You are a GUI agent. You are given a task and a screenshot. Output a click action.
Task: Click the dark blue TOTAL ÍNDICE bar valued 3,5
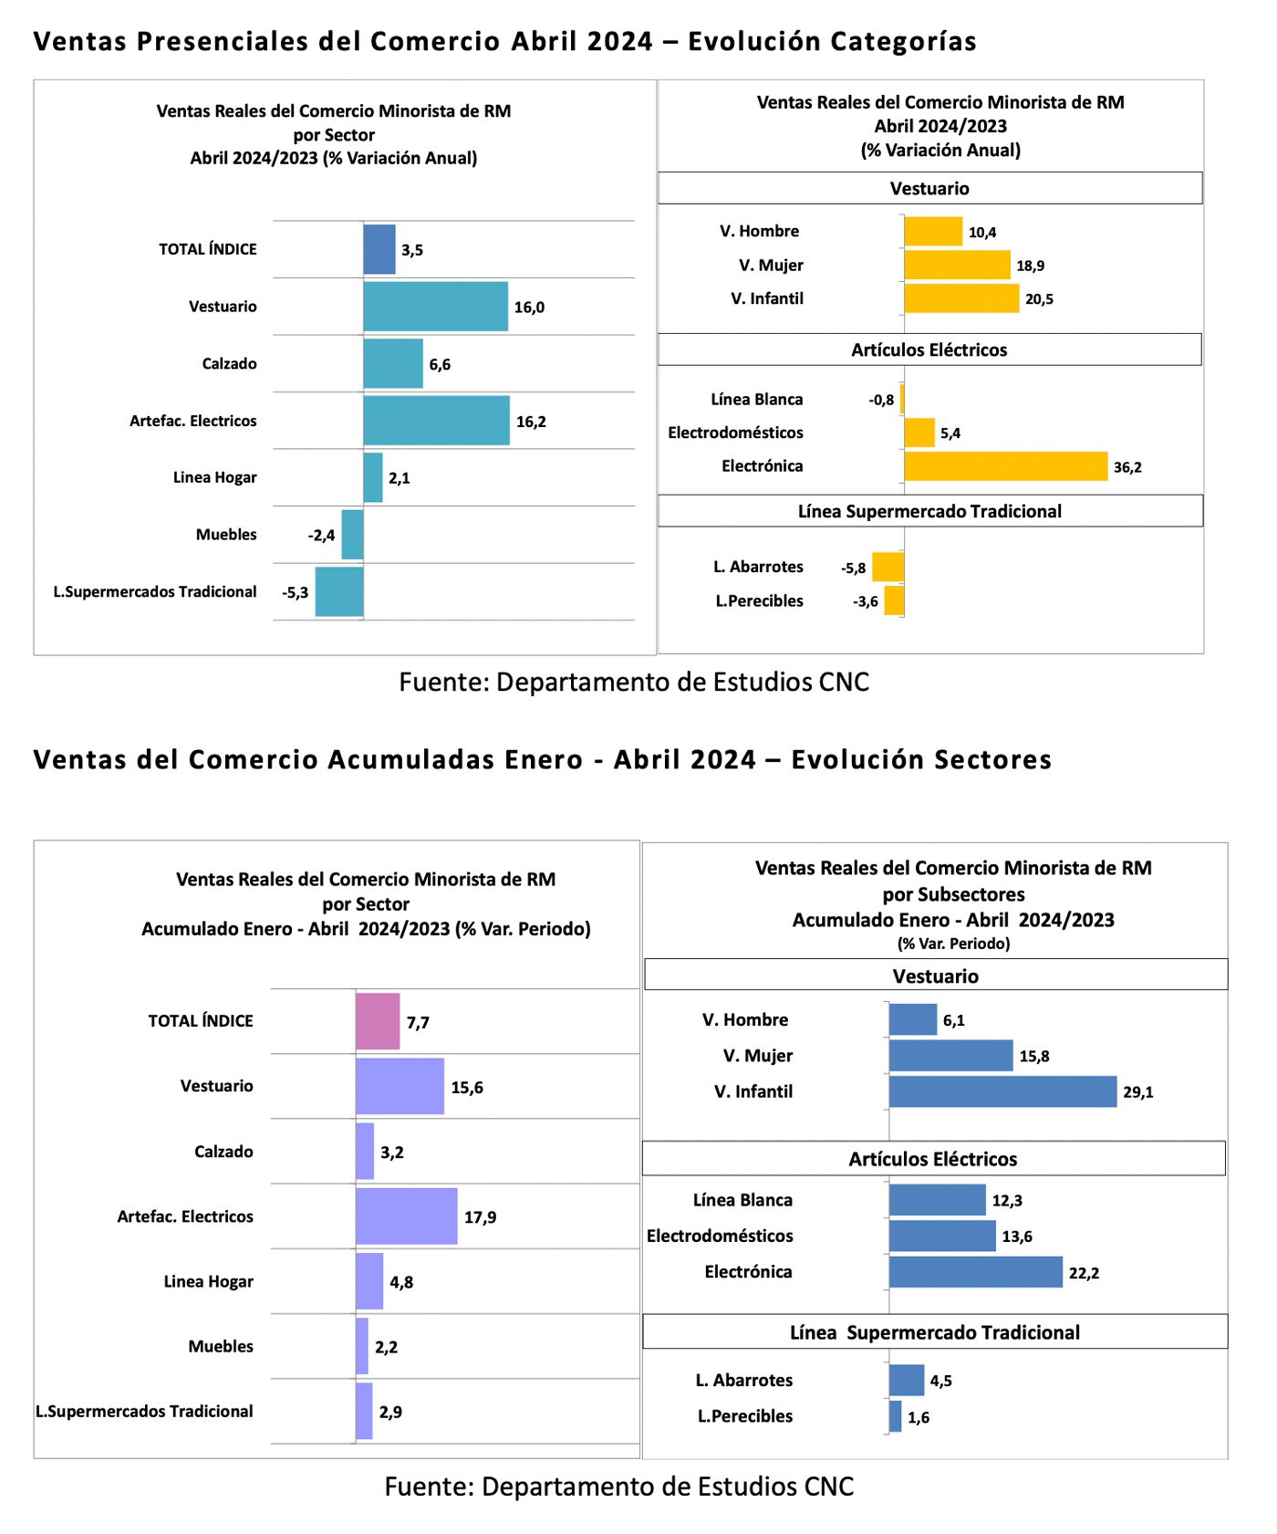coord(379,249)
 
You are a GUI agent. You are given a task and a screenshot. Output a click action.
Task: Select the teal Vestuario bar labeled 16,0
coord(436,307)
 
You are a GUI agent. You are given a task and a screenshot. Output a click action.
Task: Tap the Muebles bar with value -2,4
coord(352,535)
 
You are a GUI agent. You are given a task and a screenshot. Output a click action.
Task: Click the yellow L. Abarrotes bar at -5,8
coord(888,567)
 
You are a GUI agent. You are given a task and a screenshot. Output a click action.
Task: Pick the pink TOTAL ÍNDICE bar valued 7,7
coord(378,1021)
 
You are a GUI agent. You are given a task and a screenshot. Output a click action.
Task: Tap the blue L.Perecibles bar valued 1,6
coord(895,1416)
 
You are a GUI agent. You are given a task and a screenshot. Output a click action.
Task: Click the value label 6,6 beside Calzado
coord(440,365)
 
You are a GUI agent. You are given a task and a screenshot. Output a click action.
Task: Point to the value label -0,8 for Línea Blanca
coord(881,400)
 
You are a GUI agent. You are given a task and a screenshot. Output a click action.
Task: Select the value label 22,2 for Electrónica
coord(1084,1273)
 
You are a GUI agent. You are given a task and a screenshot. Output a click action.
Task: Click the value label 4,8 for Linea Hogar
coord(401,1282)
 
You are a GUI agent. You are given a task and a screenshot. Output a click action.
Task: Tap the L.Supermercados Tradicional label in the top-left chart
coord(155,591)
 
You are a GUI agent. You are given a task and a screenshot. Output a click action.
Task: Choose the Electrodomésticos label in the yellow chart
coord(735,433)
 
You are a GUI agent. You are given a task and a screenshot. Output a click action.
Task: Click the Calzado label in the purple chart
coord(223,1152)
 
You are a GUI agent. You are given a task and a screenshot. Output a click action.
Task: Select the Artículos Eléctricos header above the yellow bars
coord(929,350)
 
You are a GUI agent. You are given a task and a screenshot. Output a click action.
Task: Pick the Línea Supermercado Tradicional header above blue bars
coord(935,1332)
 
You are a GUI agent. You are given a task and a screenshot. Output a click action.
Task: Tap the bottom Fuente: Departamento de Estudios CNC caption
coord(619,1487)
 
